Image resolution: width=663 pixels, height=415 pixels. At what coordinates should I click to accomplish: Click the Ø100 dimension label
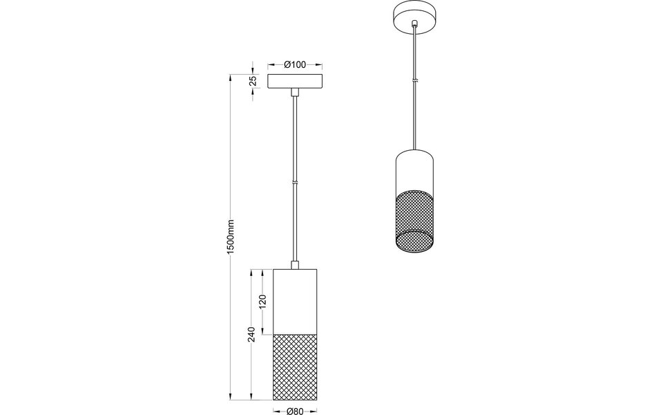click(x=295, y=64)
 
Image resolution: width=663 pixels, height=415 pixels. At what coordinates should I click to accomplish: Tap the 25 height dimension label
click(x=253, y=81)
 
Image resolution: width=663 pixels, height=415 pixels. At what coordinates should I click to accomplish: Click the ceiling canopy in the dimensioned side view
click(x=295, y=81)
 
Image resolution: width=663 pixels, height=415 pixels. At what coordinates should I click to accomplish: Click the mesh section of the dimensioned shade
click(x=295, y=367)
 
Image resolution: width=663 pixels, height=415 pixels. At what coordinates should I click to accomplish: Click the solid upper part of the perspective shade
click(x=414, y=169)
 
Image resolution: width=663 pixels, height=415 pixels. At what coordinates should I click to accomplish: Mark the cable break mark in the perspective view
click(x=414, y=82)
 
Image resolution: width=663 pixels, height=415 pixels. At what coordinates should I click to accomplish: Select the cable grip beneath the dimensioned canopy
click(x=295, y=93)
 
